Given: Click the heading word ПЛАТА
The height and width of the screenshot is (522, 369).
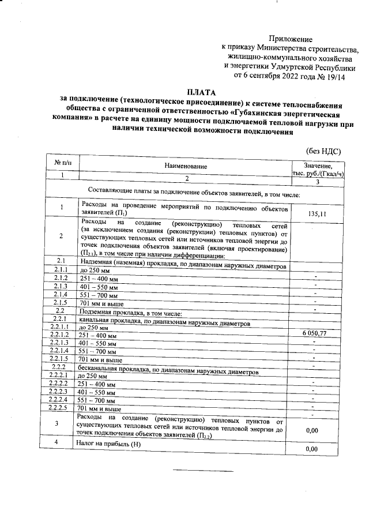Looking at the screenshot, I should (202, 92).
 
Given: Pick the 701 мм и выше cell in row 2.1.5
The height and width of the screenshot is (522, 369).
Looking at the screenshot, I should (100, 302).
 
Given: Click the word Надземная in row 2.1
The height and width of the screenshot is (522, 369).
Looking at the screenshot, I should (97, 262).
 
